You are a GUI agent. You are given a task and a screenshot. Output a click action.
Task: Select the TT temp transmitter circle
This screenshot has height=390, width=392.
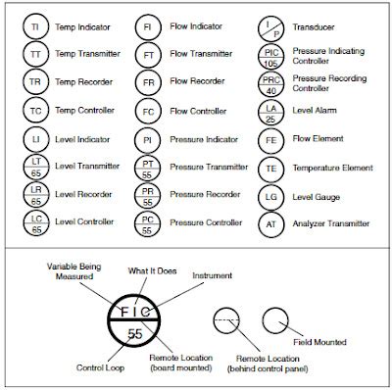point(35,57)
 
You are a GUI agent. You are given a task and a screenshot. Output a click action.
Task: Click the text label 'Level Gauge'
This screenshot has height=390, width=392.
point(318,196)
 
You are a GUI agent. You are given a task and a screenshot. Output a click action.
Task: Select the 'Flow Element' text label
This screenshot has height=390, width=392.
point(320,140)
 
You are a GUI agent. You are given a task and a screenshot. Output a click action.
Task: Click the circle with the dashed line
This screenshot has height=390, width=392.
point(226,319)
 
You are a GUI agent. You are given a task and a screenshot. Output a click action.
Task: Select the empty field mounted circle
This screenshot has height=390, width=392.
point(276,319)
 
